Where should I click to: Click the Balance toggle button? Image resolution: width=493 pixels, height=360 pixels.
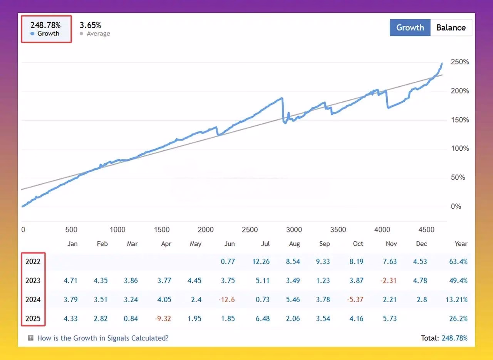(x=451, y=27)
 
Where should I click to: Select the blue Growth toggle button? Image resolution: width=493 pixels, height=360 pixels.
(x=410, y=27)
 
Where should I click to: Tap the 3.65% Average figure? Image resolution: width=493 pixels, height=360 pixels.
(x=90, y=25)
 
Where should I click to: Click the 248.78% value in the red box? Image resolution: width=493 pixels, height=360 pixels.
(x=45, y=25)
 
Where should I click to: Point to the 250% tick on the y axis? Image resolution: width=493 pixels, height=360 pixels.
(x=460, y=62)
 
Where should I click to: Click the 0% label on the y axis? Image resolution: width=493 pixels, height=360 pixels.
(x=456, y=206)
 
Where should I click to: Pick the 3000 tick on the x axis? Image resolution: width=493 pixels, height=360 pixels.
(x=294, y=230)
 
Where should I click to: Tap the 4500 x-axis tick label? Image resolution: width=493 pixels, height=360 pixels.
(x=426, y=230)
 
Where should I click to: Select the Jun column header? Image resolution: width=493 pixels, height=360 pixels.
(x=230, y=244)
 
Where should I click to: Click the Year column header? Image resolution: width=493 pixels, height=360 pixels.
(x=461, y=244)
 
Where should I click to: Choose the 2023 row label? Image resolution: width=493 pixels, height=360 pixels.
(x=33, y=281)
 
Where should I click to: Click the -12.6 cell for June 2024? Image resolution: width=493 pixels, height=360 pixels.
(x=226, y=299)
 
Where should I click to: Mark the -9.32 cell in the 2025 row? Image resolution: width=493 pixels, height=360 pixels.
(x=163, y=319)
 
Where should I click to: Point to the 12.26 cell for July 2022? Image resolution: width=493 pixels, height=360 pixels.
(x=261, y=261)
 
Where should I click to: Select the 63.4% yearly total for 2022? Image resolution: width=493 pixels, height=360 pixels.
(x=458, y=261)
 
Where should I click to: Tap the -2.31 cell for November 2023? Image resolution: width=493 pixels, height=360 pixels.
(x=389, y=281)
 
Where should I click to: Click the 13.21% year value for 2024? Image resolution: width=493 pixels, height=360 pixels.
(x=456, y=299)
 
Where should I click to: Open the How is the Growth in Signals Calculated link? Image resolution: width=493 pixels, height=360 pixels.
(x=103, y=338)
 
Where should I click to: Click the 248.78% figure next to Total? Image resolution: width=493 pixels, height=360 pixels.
(x=454, y=338)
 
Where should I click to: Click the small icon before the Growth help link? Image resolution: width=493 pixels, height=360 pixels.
(x=30, y=338)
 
